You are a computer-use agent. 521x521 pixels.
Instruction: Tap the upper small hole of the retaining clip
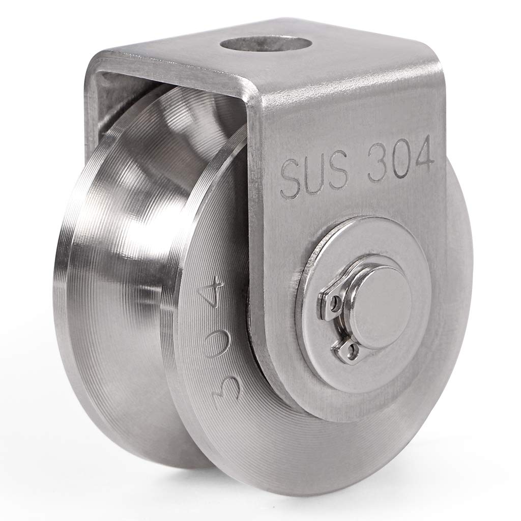334,304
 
